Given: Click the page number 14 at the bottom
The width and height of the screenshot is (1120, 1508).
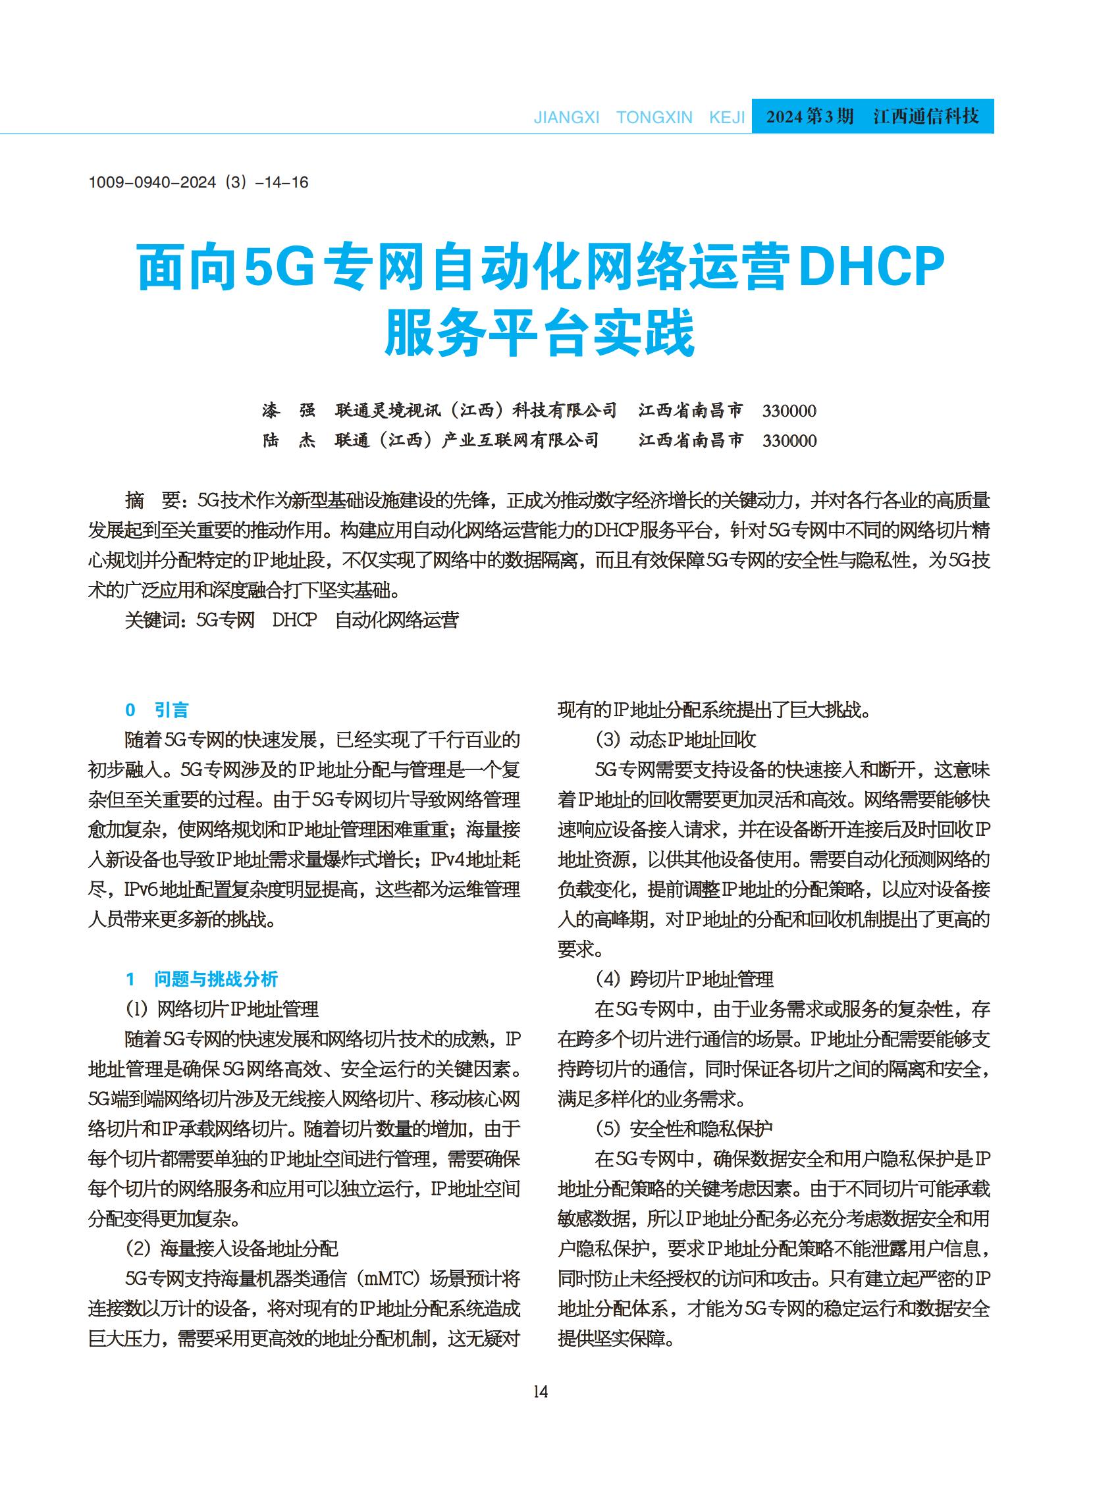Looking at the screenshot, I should (x=541, y=1391).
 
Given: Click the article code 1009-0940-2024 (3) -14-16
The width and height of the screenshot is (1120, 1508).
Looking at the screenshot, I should (x=198, y=182).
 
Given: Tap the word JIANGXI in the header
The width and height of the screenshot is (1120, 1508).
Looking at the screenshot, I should (x=566, y=117).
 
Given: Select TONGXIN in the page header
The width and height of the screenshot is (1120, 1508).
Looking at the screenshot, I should (x=654, y=117).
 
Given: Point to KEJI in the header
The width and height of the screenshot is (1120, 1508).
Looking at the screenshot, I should (x=727, y=117).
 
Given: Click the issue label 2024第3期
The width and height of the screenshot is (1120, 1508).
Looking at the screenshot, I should (x=809, y=117).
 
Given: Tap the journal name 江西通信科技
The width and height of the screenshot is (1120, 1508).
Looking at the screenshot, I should (x=926, y=117).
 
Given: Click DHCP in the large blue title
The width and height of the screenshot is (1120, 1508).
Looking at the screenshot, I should (x=872, y=269).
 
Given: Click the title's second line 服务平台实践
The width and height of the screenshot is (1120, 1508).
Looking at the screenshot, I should (x=540, y=334).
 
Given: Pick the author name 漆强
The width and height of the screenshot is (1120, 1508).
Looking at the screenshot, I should (x=289, y=410).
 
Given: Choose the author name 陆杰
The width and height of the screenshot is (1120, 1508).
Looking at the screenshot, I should (x=289, y=440).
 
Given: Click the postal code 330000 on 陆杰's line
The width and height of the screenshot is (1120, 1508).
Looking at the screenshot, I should (x=789, y=441).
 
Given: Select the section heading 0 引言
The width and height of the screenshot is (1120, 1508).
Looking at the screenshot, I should (x=157, y=710).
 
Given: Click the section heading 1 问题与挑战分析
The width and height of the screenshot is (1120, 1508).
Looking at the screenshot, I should (x=202, y=979).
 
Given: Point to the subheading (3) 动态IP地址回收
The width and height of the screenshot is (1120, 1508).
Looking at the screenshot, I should (x=676, y=739).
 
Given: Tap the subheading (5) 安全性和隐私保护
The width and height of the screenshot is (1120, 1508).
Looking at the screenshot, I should (x=683, y=1128).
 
